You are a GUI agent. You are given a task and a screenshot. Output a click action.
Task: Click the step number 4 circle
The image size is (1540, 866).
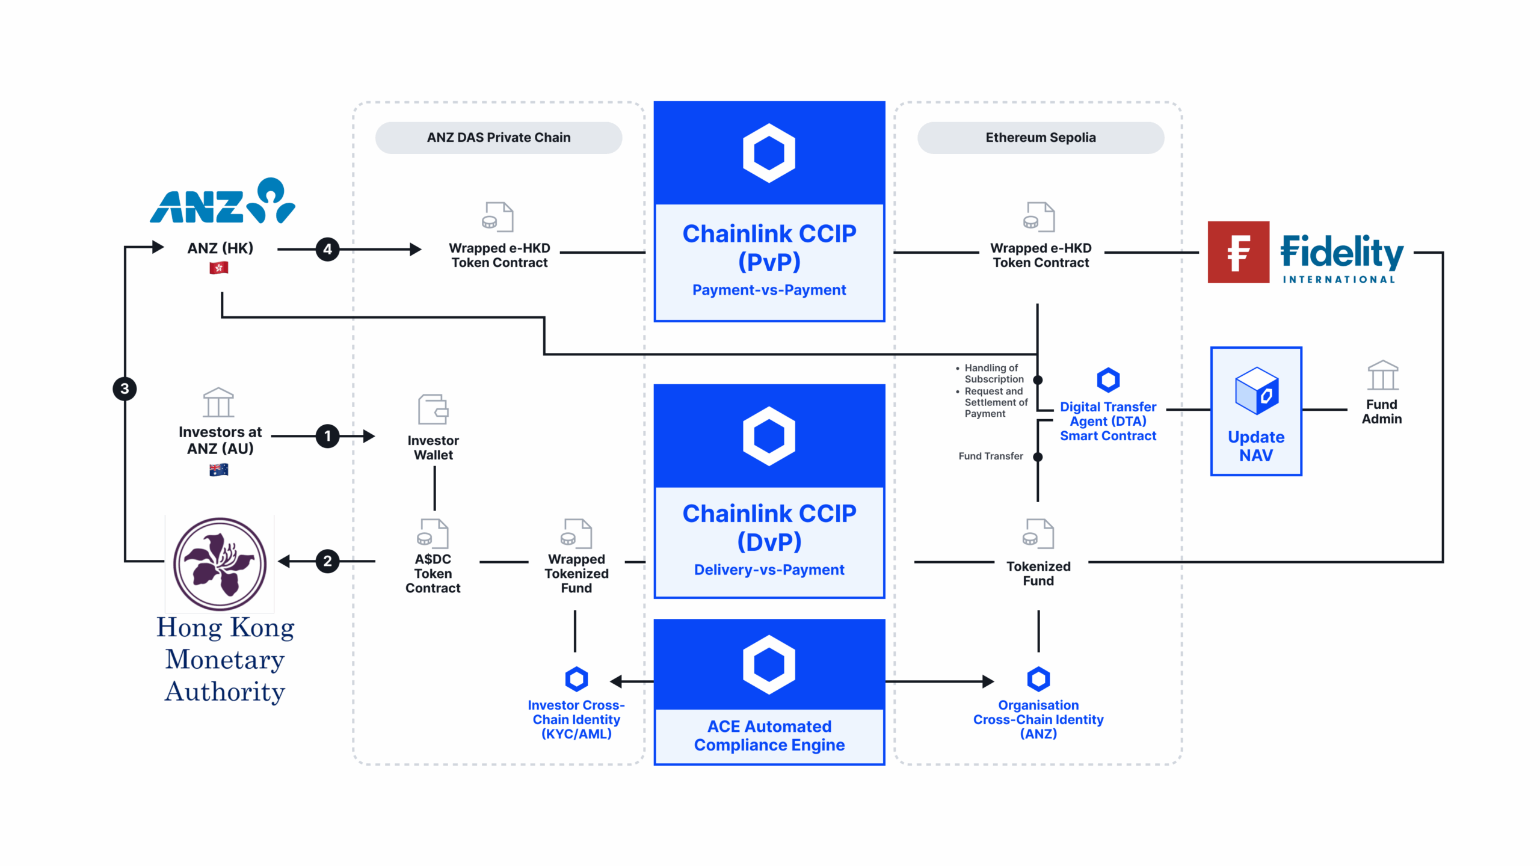[x=327, y=249]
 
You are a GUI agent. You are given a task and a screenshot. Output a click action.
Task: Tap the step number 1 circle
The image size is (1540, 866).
[x=327, y=436]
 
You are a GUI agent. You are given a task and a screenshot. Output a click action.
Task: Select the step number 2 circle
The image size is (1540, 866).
[x=327, y=561]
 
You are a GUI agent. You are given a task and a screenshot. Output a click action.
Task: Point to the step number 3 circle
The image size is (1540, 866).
[x=125, y=388]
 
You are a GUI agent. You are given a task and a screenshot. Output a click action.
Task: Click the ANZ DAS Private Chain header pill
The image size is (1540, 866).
[x=498, y=138]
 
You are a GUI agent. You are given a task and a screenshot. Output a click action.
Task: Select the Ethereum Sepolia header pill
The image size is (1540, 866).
[x=1040, y=138]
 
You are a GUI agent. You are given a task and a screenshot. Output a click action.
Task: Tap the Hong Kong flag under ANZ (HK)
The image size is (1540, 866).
[x=219, y=268]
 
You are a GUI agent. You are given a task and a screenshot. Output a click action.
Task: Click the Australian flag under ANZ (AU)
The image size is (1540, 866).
[x=219, y=470]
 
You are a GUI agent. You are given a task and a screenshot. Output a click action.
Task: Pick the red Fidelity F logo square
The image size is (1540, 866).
[x=1238, y=252]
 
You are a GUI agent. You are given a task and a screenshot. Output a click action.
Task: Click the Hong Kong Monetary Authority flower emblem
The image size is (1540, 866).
[x=220, y=564]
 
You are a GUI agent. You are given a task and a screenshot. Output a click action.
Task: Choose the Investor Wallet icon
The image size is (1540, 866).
[x=433, y=410]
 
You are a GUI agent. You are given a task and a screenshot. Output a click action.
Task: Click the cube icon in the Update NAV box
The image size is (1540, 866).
[x=1256, y=391]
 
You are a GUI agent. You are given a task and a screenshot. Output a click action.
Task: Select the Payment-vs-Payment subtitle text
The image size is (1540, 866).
[x=769, y=290]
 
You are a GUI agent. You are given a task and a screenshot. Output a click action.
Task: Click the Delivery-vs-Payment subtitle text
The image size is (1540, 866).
[x=769, y=570]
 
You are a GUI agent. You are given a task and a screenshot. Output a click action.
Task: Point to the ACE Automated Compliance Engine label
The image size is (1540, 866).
[x=769, y=735]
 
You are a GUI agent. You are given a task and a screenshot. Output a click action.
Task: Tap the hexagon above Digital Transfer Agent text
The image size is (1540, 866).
[x=1108, y=380]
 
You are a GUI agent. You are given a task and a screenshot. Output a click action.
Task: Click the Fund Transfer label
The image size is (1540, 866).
[x=990, y=456]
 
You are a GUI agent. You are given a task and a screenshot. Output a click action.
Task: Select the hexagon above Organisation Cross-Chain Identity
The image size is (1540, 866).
[x=1038, y=679]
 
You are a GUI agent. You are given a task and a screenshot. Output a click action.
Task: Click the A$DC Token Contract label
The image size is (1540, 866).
[x=433, y=573]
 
